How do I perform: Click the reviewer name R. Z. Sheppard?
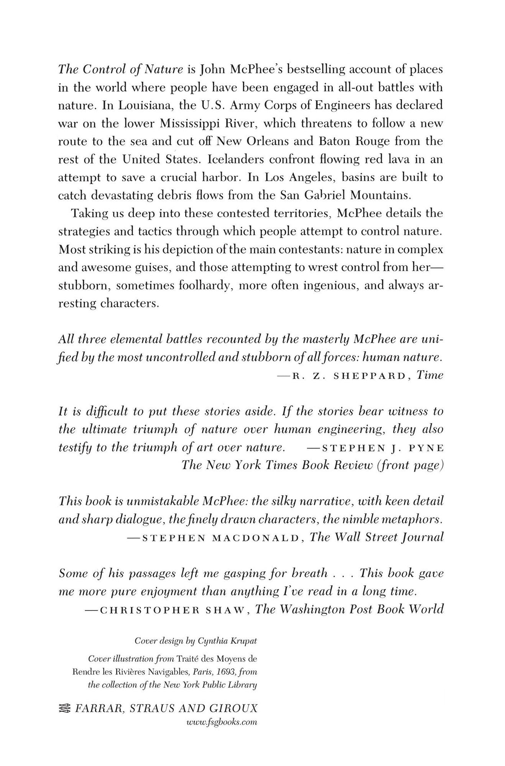348,376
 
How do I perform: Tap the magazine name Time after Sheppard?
430,375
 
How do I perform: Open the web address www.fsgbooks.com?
221,722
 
